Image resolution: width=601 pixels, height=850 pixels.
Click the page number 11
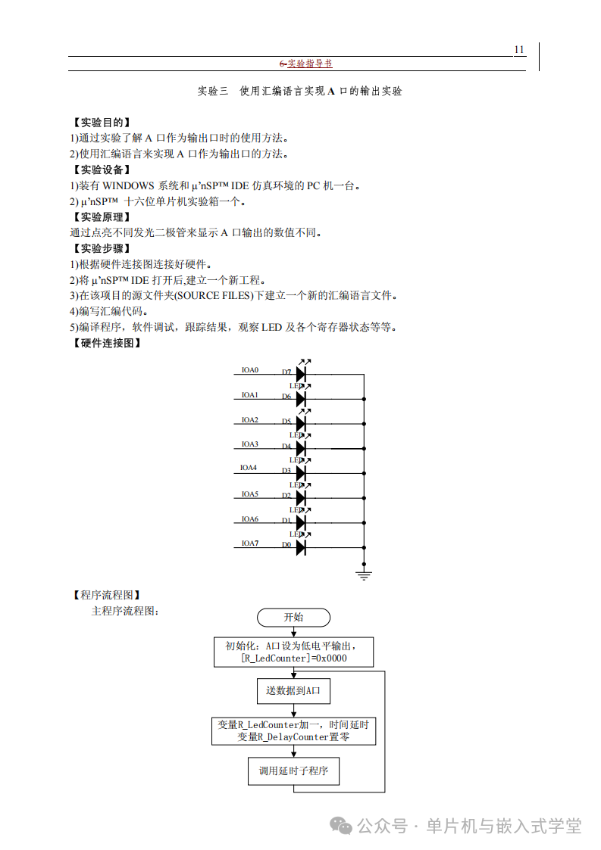click(519, 50)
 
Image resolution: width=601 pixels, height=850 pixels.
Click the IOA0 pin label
click(250, 370)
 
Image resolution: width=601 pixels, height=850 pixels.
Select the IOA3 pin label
click(250, 444)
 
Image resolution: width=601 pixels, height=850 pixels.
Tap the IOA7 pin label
click(250, 543)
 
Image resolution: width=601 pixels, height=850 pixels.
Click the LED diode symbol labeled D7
click(301, 374)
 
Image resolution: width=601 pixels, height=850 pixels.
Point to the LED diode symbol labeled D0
click(301, 547)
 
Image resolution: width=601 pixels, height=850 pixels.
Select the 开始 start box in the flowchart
click(293, 617)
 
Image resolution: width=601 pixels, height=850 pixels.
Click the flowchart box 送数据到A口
click(293, 690)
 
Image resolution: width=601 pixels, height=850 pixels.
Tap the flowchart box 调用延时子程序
click(293, 771)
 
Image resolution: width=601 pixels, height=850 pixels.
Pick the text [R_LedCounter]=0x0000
click(293, 659)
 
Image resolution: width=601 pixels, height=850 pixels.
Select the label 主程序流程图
click(125, 610)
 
